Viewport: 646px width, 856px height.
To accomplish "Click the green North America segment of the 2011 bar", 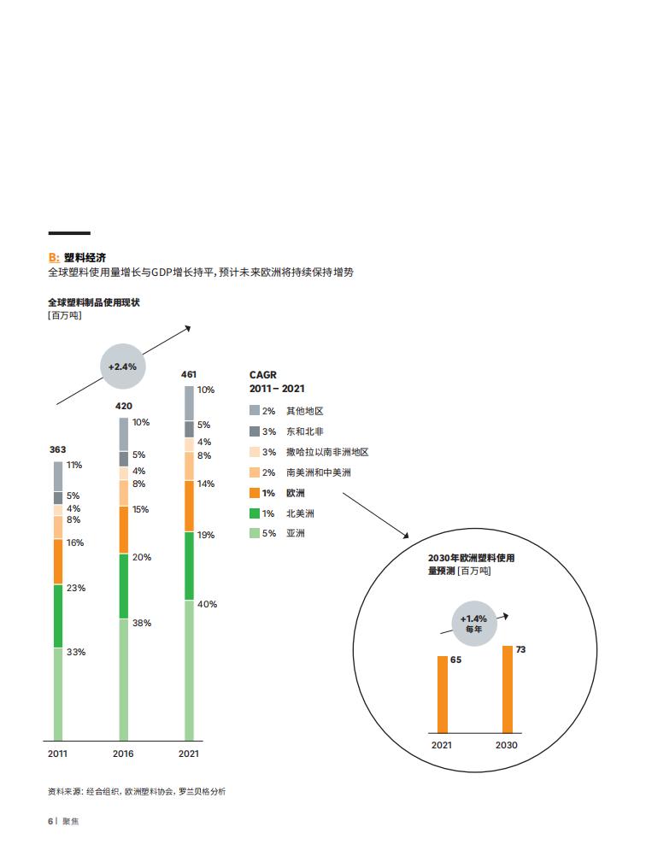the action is pyautogui.click(x=58, y=616).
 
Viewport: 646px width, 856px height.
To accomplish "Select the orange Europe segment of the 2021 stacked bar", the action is pyautogui.click(x=189, y=506).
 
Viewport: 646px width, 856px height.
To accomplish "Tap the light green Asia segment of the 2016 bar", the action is pyautogui.click(x=123, y=680).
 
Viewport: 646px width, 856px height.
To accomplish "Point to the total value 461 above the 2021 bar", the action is pyautogui.click(x=188, y=374).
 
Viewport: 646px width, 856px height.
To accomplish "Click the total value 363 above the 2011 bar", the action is pyautogui.click(x=57, y=450).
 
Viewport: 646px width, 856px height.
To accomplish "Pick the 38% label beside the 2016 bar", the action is pyautogui.click(x=142, y=623).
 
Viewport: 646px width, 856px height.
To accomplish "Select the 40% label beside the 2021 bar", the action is pyautogui.click(x=207, y=604).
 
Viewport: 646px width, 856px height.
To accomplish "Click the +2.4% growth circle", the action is pyautogui.click(x=123, y=366).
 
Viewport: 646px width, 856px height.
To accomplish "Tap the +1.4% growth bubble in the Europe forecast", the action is pyautogui.click(x=474, y=624).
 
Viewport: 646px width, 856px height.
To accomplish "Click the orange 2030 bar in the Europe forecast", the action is pyautogui.click(x=508, y=689).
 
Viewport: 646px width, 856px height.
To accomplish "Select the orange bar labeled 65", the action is pyautogui.click(x=443, y=695).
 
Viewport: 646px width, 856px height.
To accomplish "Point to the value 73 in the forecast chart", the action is pyautogui.click(x=520, y=649).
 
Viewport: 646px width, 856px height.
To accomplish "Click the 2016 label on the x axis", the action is pyautogui.click(x=123, y=754).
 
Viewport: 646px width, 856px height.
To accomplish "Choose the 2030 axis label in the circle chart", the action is pyautogui.click(x=506, y=745).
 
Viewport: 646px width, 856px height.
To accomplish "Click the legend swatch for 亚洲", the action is pyautogui.click(x=255, y=533).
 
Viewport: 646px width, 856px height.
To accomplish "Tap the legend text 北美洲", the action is pyautogui.click(x=300, y=513).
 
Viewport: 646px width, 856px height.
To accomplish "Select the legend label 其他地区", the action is pyautogui.click(x=305, y=411).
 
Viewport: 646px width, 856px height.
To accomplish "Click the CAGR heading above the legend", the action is pyautogui.click(x=262, y=375).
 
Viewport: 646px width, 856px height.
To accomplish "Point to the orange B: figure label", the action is pyautogui.click(x=54, y=258).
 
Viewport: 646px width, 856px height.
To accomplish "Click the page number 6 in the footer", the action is pyautogui.click(x=50, y=821).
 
